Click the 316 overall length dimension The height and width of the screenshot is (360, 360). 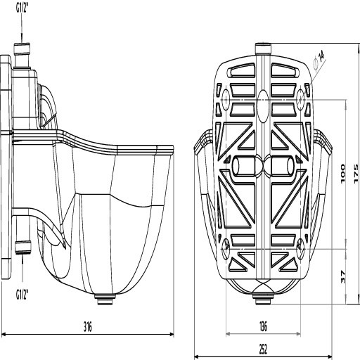click(x=88, y=326)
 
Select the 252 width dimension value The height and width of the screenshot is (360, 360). click(x=264, y=347)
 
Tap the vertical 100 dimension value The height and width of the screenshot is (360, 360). click(x=343, y=174)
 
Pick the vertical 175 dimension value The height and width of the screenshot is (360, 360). click(x=356, y=174)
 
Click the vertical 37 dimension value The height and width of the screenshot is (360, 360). click(x=343, y=276)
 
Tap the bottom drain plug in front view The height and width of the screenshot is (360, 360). click(x=263, y=300)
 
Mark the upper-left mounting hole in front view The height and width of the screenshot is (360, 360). click(x=226, y=96)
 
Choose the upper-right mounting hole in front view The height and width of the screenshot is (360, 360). click(x=301, y=96)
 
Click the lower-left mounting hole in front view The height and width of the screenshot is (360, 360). click(x=226, y=244)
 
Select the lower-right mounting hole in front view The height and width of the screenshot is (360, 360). click(x=301, y=244)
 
